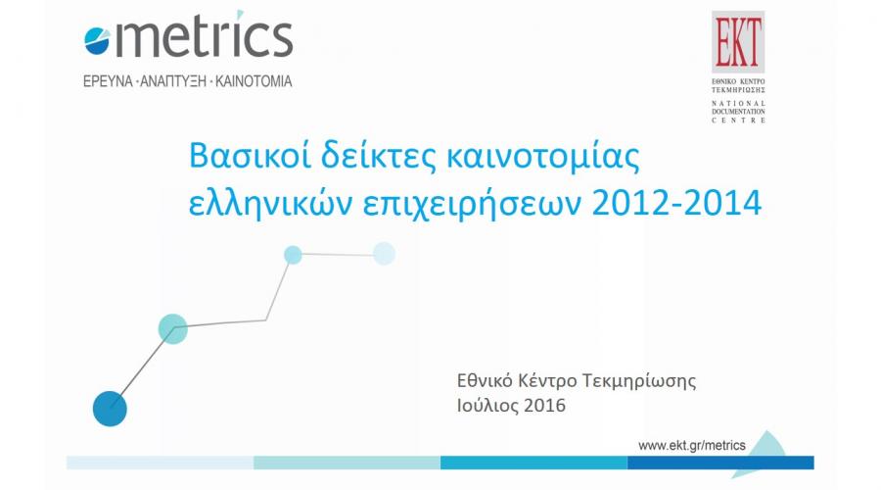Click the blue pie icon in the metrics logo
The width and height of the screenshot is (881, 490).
[97, 41]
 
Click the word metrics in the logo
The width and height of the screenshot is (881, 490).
[204, 37]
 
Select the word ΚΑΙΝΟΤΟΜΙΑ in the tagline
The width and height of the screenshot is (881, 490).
[254, 81]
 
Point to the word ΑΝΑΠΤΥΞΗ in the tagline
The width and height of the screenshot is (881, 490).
[173, 81]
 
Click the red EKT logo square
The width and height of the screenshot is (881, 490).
[738, 41]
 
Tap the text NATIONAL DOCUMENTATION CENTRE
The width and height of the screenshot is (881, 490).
[738, 112]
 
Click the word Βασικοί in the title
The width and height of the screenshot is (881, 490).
[250, 155]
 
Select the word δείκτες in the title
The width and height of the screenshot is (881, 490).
[379, 155]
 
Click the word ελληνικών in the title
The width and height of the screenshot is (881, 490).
[270, 203]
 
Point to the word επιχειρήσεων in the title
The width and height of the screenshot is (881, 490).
[472, 204]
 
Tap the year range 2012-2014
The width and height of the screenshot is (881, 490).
[677, 203]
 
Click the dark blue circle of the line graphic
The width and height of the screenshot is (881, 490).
[110, 409]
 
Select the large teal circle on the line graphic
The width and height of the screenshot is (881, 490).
[172, 329]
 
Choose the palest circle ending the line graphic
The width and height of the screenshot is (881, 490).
[385, 253]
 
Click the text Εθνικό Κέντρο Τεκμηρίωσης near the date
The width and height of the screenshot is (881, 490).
[577, 381]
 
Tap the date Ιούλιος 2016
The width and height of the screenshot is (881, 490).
[511, 406]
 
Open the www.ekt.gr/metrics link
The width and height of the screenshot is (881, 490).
[692, 446]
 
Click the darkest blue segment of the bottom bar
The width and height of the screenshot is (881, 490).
[720, 463]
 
